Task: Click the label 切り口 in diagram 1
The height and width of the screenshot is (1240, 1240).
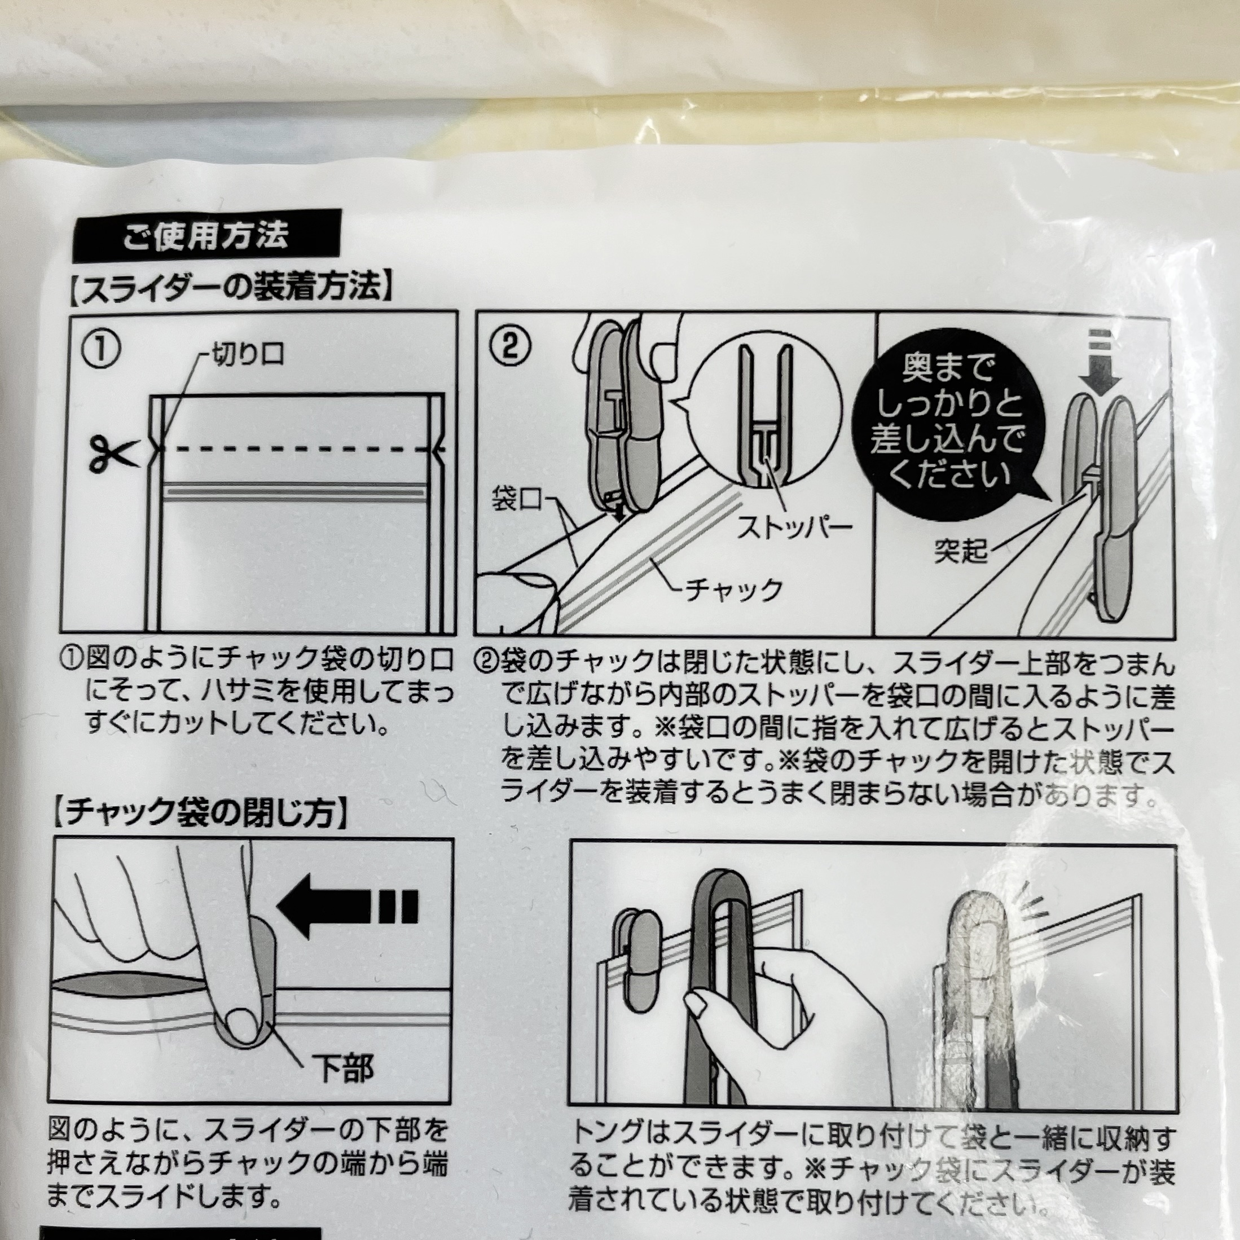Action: [x=248, y=354]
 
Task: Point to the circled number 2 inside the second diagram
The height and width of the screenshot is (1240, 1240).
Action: [x=511, y=347]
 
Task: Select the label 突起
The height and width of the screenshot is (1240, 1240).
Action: [x=960, y=551]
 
